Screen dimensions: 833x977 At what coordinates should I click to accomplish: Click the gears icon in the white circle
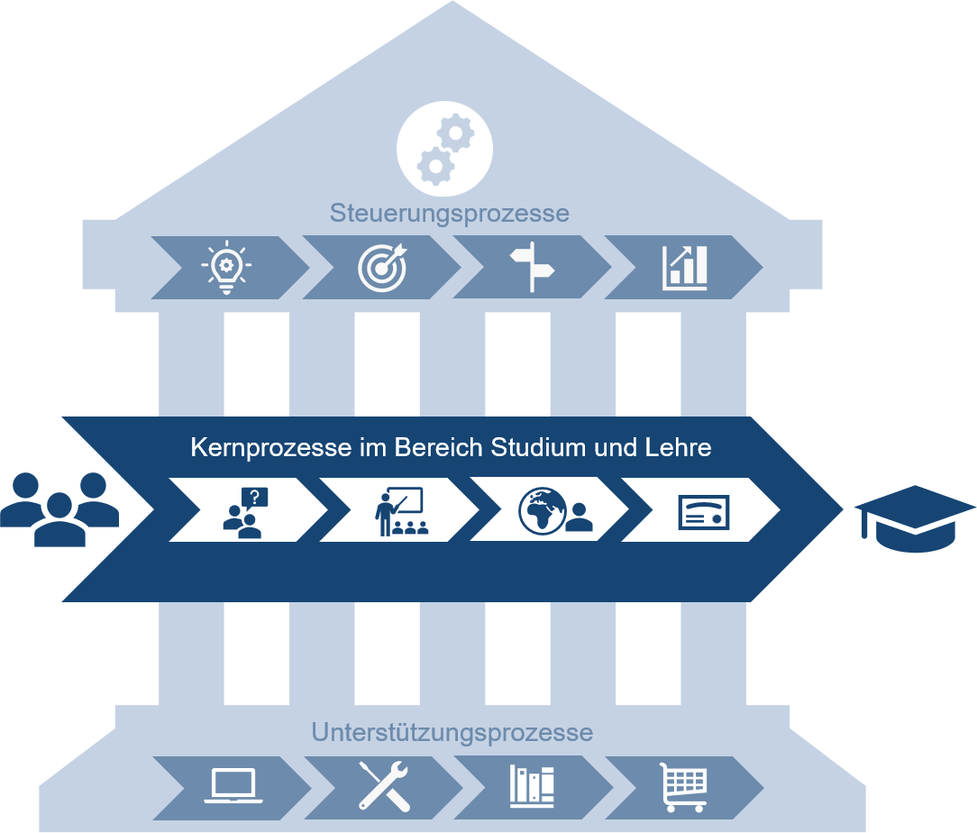point(444,148)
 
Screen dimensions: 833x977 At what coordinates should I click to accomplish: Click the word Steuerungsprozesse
point(449,214)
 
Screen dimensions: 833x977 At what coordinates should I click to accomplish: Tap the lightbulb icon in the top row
point(226,266)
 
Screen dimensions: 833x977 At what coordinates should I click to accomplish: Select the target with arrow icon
point(382,266)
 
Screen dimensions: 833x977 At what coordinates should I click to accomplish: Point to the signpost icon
point(532,266)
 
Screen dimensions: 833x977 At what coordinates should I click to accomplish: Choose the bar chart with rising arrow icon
point(685,266)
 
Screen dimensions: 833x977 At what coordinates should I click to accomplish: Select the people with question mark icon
point(246,511)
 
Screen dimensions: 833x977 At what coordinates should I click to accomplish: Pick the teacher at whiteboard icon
point(400,511)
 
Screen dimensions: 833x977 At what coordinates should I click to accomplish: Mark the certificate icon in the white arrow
point(703,511)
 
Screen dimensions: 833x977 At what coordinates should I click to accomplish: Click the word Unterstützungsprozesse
point(452,732)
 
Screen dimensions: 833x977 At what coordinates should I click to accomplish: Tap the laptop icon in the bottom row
point(233,785)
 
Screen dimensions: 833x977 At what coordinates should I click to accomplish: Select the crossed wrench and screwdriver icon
point(384,785)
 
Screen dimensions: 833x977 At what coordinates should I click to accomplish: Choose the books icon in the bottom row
point(532,785)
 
